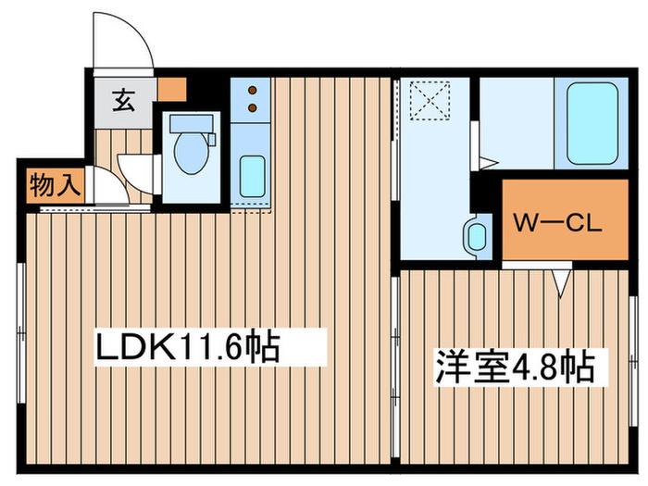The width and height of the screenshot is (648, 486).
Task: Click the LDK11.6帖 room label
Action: pyautogui.click(x=188, y=347)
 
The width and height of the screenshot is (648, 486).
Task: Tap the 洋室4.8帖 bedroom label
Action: pyautogui.click(x=516, y=368)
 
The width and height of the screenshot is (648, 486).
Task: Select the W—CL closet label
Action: pyautogui.click(x=556, y=223)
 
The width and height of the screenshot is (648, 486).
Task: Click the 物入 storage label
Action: pyautogui.click(x=55, y=185)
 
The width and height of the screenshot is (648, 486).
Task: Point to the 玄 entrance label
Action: pyautogui.click(x=124, y=101)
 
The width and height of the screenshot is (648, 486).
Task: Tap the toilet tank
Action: pyautogui.click(x=191, y=123)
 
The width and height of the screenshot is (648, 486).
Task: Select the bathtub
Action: pyautogui.click(x=592, y=124)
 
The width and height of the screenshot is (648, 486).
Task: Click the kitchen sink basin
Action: pyautogui.click(x=252, y=177)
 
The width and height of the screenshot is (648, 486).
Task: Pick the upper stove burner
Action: pyautogui.click(x=252, y=90)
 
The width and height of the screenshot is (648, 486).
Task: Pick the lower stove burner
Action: pyautogui.click(x=252, y=108)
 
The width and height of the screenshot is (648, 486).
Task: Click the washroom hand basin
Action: pyautogui.click(x=477, y=236)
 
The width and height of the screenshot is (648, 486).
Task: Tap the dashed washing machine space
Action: pyautogui.click(x=430, y=100)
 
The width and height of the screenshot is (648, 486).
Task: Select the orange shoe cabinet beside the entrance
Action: pyautogui.click(x=172, y=89)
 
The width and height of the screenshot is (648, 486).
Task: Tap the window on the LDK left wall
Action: pyautogui.click(x=21, y=333)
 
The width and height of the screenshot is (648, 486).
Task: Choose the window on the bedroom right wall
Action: pyautogui.click(x=632, y=361)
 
